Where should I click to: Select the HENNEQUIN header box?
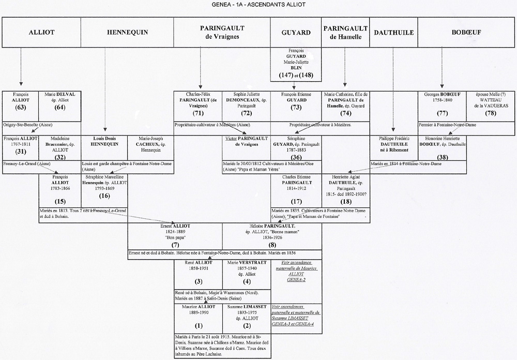[127, 32]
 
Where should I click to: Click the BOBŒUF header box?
[466, 32]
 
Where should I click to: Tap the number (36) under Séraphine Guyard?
[296, 157]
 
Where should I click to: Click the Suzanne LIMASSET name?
[246, 307]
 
